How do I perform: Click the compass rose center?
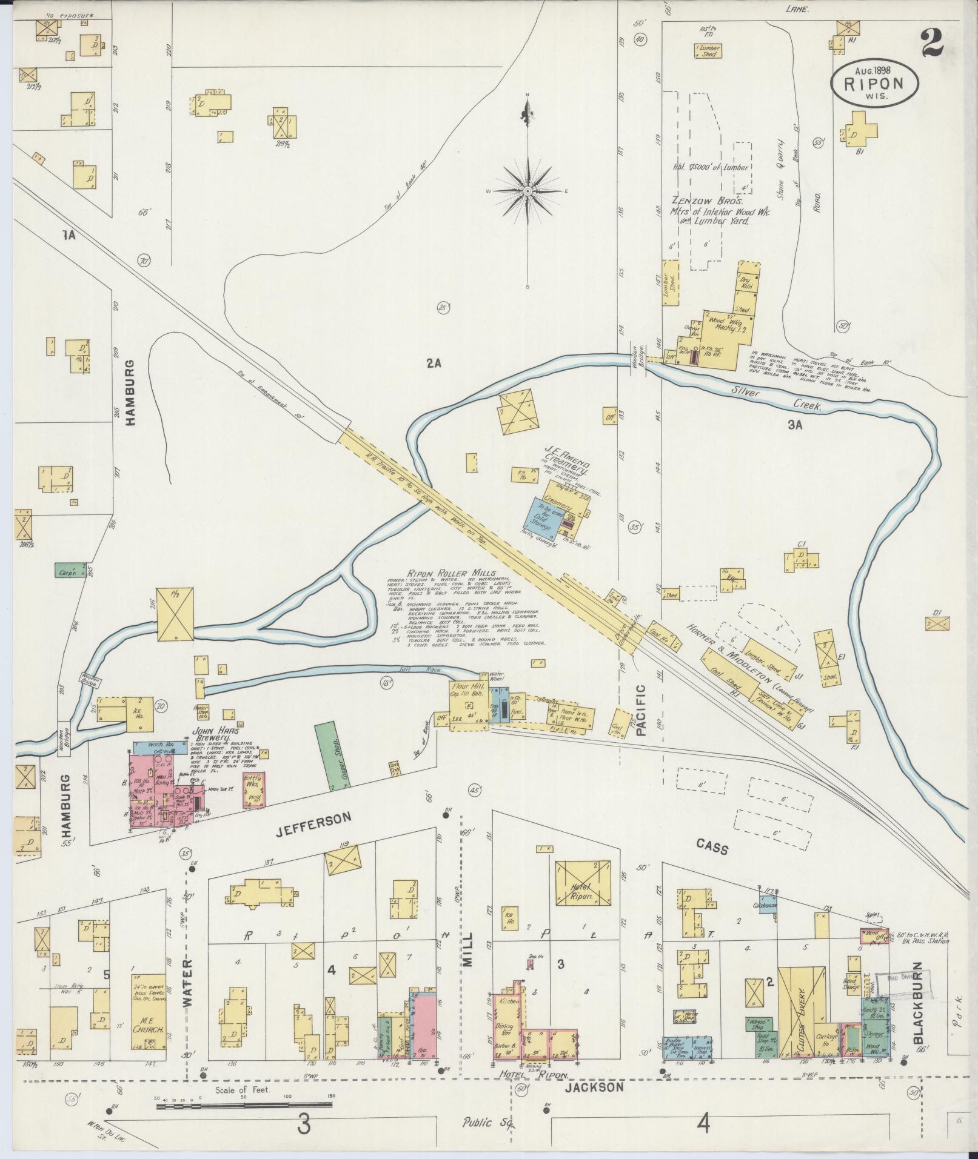528,191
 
